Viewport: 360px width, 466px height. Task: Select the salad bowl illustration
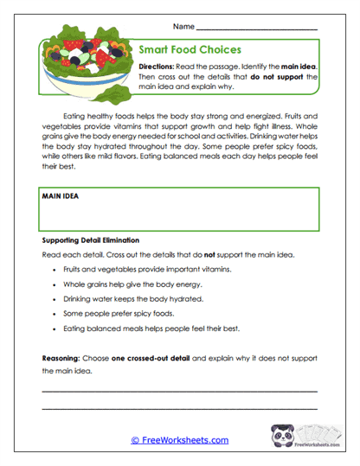point(86,70)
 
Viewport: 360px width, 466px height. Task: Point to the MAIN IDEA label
point(61,197)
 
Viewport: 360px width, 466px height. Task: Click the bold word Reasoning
point(61,357)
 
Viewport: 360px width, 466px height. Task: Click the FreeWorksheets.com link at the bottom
point(179,440)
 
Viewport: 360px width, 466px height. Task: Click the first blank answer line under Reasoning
point(179,391)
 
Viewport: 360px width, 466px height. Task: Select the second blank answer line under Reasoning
point(179,408)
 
